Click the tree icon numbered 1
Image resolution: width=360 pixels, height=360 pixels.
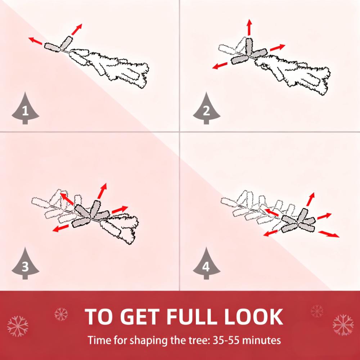(x=25, y=109)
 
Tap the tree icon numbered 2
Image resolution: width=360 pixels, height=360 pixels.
(x=206, y=109)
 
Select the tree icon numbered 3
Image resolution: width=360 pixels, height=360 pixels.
(x=25, y=264)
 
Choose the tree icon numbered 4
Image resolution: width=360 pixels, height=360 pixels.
(x=206, y=264)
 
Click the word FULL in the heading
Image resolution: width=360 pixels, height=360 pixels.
(x=192, y=316)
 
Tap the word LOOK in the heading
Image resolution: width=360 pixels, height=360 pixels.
(x=253, y=316)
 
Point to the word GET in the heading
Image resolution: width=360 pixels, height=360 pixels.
(x=140, y=316)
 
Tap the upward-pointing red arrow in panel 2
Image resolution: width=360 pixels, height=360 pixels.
(x=249, y=27)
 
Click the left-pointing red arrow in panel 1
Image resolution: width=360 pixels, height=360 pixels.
(x=35, y=41)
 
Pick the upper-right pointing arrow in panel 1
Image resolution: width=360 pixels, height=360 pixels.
(x=77, y=30)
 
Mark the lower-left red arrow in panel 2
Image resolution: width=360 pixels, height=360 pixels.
(x=220, y=66)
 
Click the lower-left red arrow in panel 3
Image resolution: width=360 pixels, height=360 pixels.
(x=60, y=228)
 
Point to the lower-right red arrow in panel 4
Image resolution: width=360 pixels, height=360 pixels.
(x=329, y=234)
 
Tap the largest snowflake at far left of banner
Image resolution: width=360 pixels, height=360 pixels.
(x=18, y=326)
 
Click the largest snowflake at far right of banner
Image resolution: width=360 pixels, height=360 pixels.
(x=343, y=325)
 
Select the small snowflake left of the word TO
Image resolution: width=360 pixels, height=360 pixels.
(x=61, y=314)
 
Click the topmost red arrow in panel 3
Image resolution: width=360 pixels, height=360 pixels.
(x=102, y=191)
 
